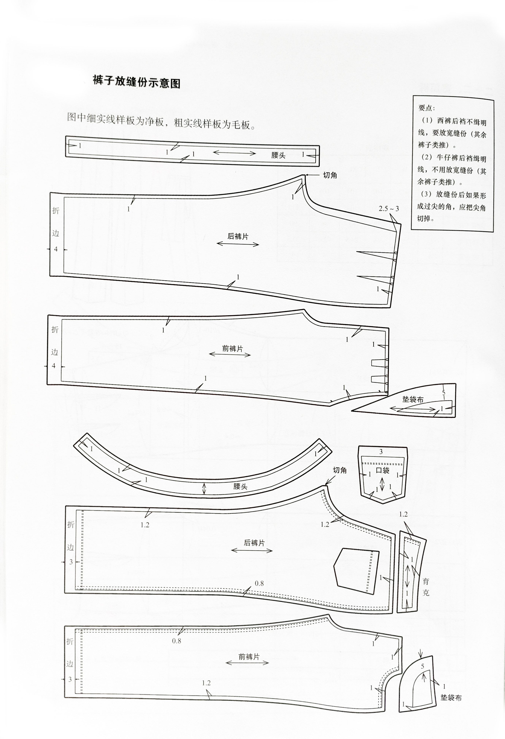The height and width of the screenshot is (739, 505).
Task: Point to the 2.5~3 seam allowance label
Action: (x=389, y=209)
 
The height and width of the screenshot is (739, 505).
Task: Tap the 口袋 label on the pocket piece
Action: (x=383, y=470)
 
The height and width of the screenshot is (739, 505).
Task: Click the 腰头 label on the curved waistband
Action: (x=240, y=486)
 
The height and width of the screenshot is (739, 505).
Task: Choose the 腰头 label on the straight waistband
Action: (x=278, y=155)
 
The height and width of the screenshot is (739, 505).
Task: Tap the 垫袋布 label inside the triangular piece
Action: (x=413, y=399)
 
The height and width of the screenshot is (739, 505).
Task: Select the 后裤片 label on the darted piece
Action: (x=238, y=236)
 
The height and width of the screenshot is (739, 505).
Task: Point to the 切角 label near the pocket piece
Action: (x=340, y=470)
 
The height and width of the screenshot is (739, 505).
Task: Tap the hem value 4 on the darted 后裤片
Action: (x=56, y=249)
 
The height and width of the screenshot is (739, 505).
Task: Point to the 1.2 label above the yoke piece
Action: (x=403, y=515)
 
